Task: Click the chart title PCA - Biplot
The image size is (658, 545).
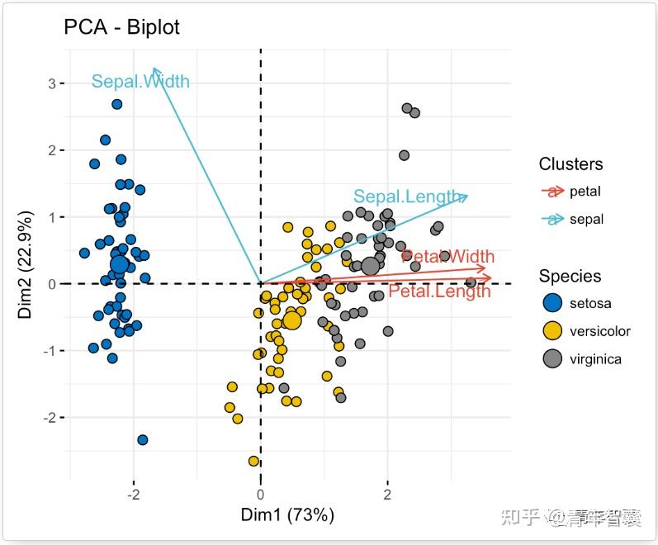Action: tap(121, 27)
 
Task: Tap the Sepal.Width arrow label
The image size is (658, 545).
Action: tap(140, 82)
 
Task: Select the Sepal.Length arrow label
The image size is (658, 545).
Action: tap(407, 197)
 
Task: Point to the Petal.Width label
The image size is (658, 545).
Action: tap(447, 257)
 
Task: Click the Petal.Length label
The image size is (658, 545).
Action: tap(439, 291)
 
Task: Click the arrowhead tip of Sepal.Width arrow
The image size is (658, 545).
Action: tap(154, 69)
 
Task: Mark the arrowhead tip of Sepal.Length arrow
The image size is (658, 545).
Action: tap(468, 196)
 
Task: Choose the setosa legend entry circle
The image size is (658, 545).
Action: tap(552, 303)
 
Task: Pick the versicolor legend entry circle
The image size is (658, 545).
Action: tap(552, 331)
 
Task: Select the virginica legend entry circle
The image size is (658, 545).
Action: tap(552, 359)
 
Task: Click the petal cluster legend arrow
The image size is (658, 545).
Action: tap(552, 192)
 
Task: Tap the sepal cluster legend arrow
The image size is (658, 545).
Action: tap(552, 220)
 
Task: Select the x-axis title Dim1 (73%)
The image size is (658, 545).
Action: tap(287, 516)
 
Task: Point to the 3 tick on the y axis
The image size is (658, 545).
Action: tap(51, 83)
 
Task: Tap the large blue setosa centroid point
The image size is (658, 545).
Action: tap(120, 264)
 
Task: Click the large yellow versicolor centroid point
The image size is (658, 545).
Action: tap(291, 320)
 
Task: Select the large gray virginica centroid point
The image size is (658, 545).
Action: tap(370, 265)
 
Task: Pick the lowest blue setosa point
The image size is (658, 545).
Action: tap(143, 440)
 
